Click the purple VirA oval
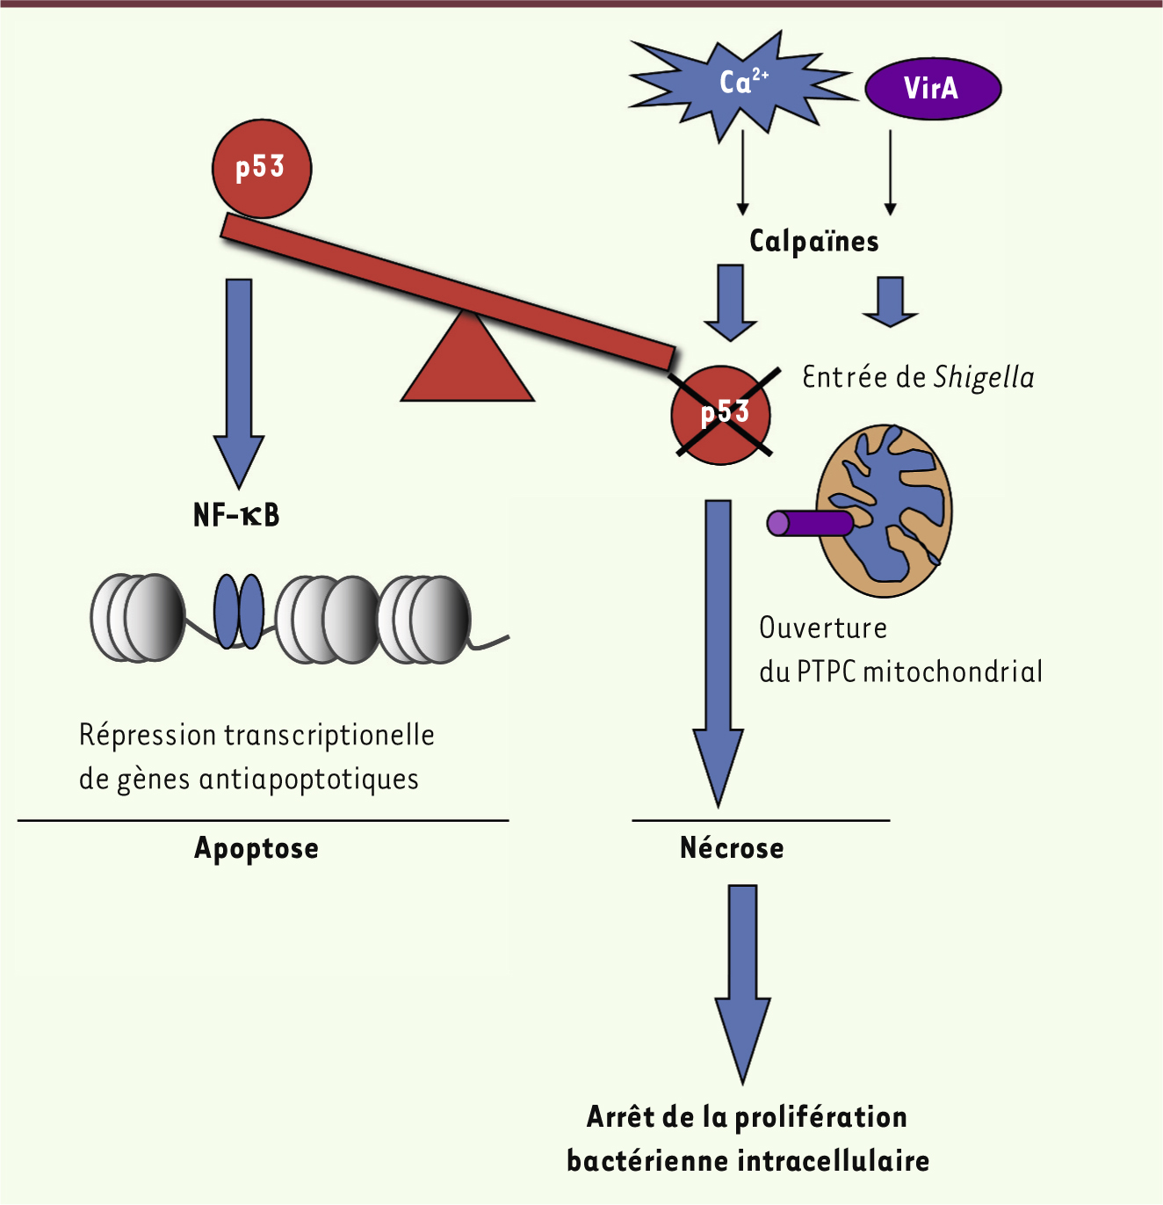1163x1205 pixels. (933, 88)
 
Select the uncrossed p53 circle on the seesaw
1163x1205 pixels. (262, 168)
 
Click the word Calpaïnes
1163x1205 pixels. (813, 242)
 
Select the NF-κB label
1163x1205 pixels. (236, 515)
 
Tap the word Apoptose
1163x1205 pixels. (256, 849)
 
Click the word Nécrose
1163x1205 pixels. (732, 849)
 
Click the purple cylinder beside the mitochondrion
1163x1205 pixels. (809, 524)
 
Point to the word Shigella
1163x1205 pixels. (984, 378)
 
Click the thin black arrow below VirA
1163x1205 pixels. (891, 172)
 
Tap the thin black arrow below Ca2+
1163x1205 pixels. (743, 172)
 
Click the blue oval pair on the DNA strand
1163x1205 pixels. (239, 612)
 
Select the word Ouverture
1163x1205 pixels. (823, 628)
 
